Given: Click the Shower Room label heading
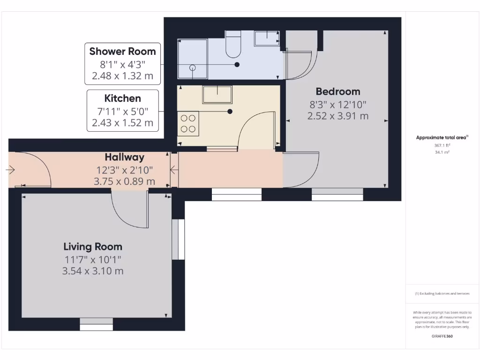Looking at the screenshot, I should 122,51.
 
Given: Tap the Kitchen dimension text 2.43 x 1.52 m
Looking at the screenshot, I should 122,123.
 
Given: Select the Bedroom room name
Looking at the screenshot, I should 337,91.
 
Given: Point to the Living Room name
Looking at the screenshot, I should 93,247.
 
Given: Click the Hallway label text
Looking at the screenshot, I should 124,157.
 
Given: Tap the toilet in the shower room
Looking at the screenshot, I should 233,44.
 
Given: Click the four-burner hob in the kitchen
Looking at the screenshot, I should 188,123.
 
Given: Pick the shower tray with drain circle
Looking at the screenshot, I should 192,59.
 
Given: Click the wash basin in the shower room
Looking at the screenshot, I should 267,38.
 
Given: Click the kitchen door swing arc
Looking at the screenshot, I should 255,129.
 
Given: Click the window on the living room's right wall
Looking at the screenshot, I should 178,240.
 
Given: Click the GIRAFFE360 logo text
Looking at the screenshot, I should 442,336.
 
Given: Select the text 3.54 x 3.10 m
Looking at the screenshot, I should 93,270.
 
